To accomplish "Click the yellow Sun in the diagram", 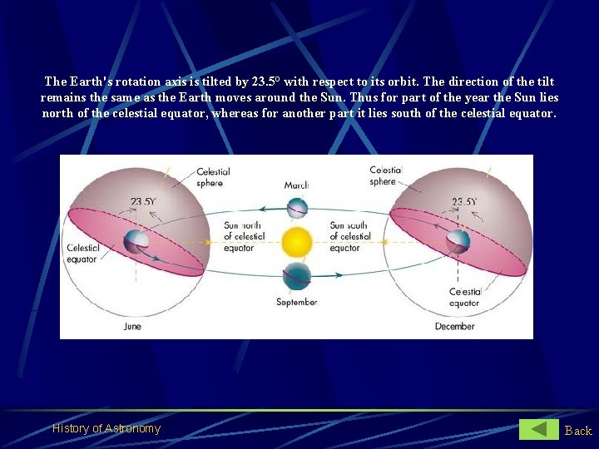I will pyautogui.click(x=296, y=243).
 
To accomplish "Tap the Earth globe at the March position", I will pyautogui.click(x=297, y=207).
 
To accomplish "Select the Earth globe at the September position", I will pyautogui.click(x=297, y=276).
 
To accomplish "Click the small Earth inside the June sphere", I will pyautogui.click(x=136, y=243).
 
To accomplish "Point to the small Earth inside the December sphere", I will pyautogui.click(x=458, y=241).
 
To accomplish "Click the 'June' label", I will pyautogui.click(x=131, y=327).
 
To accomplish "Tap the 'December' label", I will pyautogui.click(x=454, y=327).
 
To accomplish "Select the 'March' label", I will pyautogui.click(x=296, y=185).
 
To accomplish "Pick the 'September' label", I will pyautogui.click(x=297, y=302).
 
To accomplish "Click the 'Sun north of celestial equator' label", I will pyautogui.click(x=245, y=236).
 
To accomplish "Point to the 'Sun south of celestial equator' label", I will pyautogui.click(x=349, y=236).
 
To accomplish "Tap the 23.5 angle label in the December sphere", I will pyautogui.click(x=464, y=202).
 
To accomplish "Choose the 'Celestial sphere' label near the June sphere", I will pyautogui.click(x=213, y=177).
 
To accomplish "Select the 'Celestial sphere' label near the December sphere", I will pyautogui.click(x=384, y=176).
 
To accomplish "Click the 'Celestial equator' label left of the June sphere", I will pyautogui.click(x=83, y=253).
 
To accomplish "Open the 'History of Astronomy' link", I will pyautogui.click(x=106, y=429).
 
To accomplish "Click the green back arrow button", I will pyautogui.click(x=539, y=430).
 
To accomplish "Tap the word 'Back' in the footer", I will pyautogui.click(x=578, y=431).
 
